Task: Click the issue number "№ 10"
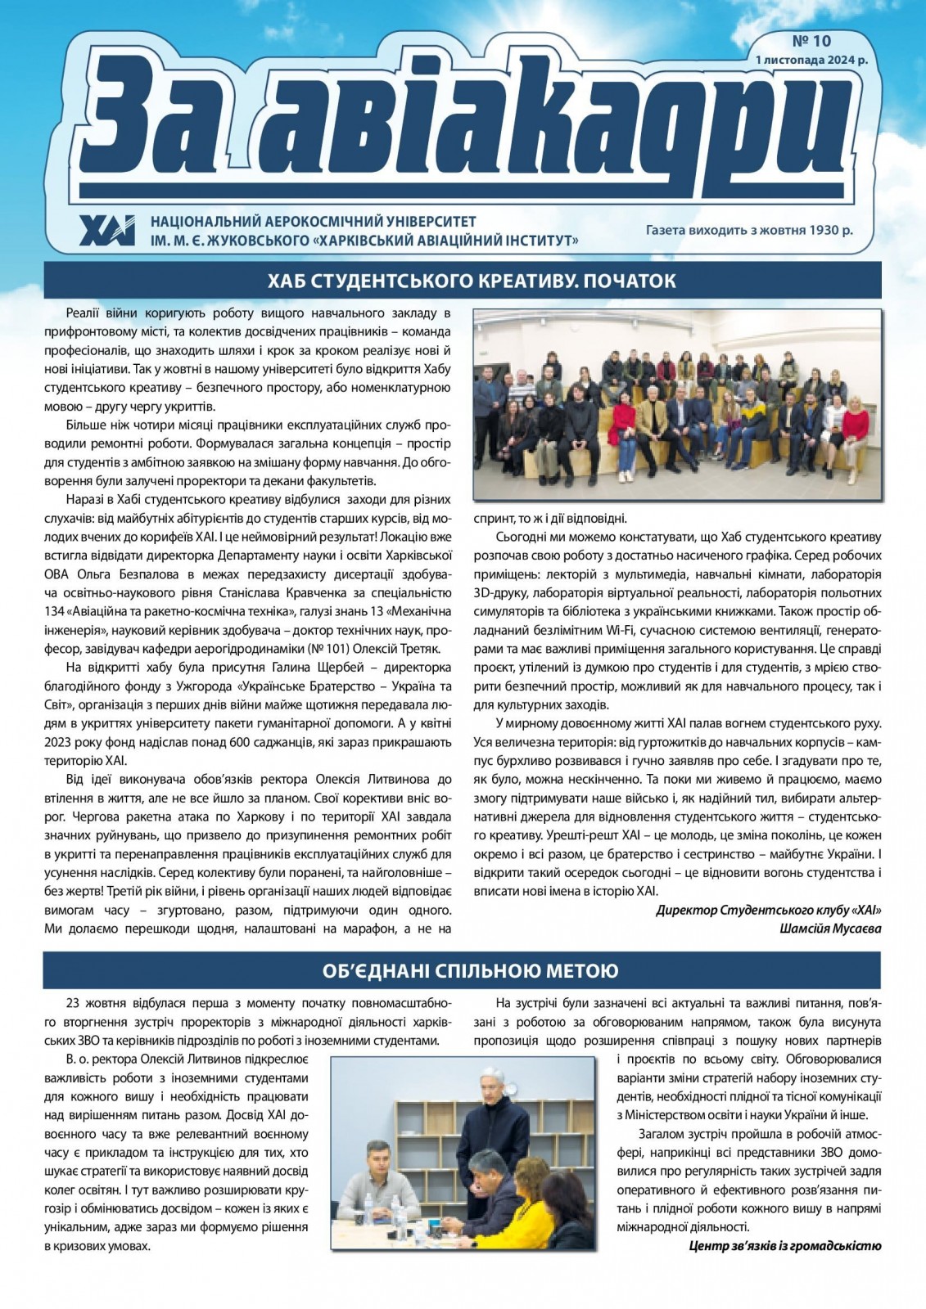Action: [811, 40]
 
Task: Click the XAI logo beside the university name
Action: [107, 231]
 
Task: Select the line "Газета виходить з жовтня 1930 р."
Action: [749, 230]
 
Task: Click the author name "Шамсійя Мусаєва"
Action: [830, 928]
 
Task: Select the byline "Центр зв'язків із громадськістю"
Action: [784, 1246]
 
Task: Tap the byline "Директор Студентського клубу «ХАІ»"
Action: [769, 910]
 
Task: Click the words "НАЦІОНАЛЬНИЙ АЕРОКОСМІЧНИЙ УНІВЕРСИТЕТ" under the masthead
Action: [313, 222]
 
